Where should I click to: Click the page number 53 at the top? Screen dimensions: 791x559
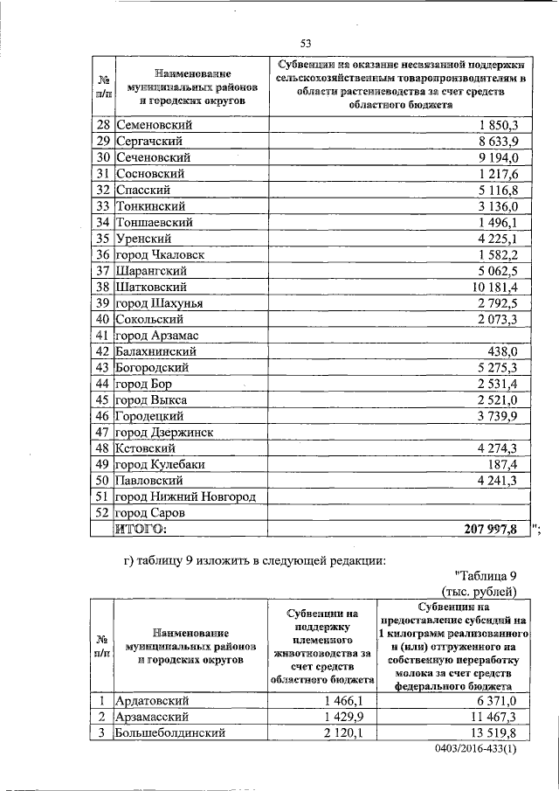point(306,44)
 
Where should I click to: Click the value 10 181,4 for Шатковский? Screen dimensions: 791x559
point(495,287)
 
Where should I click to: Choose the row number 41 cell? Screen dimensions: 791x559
point(102,336)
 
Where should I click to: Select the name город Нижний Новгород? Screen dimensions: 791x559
point(186,496)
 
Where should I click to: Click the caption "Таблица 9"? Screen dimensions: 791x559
point(487,574)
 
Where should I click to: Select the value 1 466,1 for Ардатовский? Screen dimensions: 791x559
point(348,700)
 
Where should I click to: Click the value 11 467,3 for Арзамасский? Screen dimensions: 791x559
point(494,716)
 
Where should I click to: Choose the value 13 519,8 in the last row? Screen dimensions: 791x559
point(494,732)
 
